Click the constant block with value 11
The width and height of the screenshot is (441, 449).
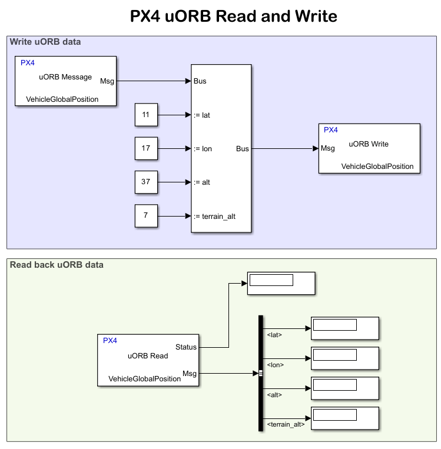pos(146,115)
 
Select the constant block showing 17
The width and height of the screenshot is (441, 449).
pos(146,148)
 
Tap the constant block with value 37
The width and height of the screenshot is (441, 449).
pos(146,182)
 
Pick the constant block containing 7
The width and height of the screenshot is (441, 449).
pos(146,215)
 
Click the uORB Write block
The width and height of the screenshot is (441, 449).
pos(369,148)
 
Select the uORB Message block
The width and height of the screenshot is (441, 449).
pos(65,81)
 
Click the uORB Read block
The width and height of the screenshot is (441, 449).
pos(148,360)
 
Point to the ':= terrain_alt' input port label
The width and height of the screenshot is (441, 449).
pos(214,216)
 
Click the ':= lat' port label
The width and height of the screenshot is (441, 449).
pos(202,115)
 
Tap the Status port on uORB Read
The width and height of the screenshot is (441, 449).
pos(186,347)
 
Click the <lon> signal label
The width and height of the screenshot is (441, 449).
pos(276,365)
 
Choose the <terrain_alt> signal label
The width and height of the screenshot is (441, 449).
pos(286,424)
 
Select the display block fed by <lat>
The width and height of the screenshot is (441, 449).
pos(344,328)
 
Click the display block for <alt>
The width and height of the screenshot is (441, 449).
pos(344,388)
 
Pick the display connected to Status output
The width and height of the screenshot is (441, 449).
pos(281,284)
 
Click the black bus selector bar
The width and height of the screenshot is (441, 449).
pos(260,373)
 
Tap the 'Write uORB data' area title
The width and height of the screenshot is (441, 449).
pos(45,42)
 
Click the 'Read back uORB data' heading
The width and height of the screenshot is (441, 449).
pos(57,265)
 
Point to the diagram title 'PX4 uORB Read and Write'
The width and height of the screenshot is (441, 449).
pos(234,16)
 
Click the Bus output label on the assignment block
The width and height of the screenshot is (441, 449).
pos(243,149)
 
